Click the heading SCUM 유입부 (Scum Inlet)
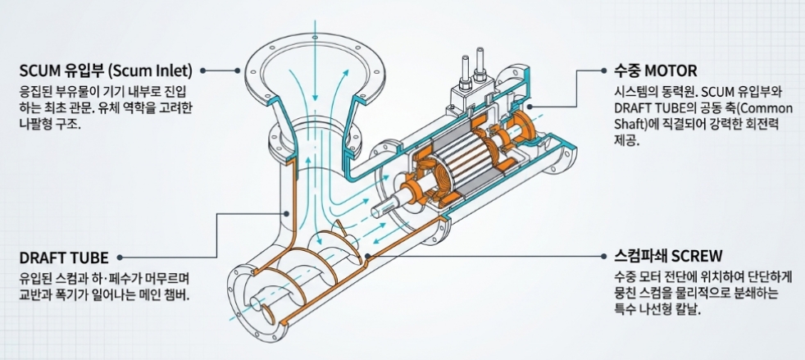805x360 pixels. coord(106,70)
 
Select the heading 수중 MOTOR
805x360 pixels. coord(656,70)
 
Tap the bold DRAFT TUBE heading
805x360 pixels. coord(64,257)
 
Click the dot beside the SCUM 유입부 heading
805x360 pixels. coord(203,71)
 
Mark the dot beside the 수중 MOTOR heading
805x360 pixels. coord(603,71)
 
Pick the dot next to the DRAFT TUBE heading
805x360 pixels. coord(120,257)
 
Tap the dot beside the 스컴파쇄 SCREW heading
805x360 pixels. coord(603,255)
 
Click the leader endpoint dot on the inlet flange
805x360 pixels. coord(238,71)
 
